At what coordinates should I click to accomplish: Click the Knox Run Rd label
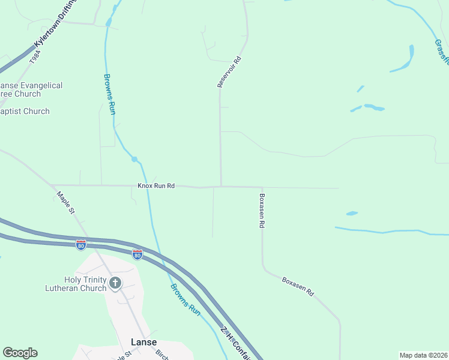[x=155, y=186]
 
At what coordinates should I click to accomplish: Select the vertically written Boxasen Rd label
[x=262, y=209]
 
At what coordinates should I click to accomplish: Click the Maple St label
[x=65, y=203]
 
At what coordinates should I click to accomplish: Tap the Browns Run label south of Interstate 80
[x=184, y=300]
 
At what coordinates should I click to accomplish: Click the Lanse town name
[x=143, y=342]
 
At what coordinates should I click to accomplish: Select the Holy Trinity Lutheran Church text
[x=85, y=284]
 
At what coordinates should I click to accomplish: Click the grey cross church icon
[x=115, y=283]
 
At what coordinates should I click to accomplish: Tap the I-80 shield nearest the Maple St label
[x=80, y=245]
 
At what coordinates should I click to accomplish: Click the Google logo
[x=20, y=353]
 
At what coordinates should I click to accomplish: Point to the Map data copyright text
[x=424, y=355]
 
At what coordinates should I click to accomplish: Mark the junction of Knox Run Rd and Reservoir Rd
[x=221, y=186]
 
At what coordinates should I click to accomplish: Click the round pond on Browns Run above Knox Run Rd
[x=134, y=159]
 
